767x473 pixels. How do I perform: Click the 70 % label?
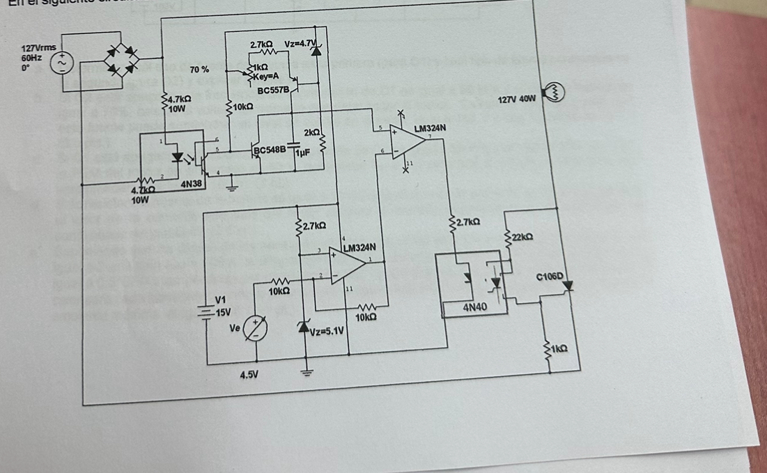pos(199,70)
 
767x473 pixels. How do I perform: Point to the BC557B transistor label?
pos(274,91)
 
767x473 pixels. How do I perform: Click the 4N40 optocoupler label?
pos(475,306)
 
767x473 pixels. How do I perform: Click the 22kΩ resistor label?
pos(521,237)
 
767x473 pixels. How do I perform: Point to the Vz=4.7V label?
pos(300,44)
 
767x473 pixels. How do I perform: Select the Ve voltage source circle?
pos(255,329)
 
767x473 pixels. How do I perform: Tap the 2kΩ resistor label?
pos(311,132)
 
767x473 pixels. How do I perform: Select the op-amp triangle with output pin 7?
pos(408,138)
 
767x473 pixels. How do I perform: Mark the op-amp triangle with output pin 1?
pos(350,264)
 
